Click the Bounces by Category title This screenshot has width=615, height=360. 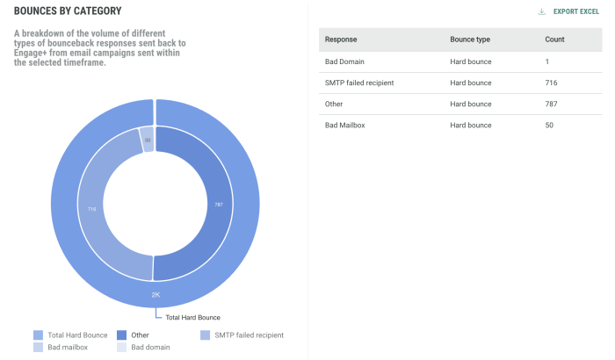68,11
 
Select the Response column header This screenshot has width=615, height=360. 341,40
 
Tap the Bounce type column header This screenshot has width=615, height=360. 470,40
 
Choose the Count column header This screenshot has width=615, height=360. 555,40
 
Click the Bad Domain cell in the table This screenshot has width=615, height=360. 345,61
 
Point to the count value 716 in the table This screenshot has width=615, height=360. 552,83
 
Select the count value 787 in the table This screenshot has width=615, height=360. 552,104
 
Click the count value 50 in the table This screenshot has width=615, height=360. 550,126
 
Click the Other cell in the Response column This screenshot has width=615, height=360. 335,104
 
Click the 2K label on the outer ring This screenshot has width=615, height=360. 156,294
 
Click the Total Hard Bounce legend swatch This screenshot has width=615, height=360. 38,335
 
